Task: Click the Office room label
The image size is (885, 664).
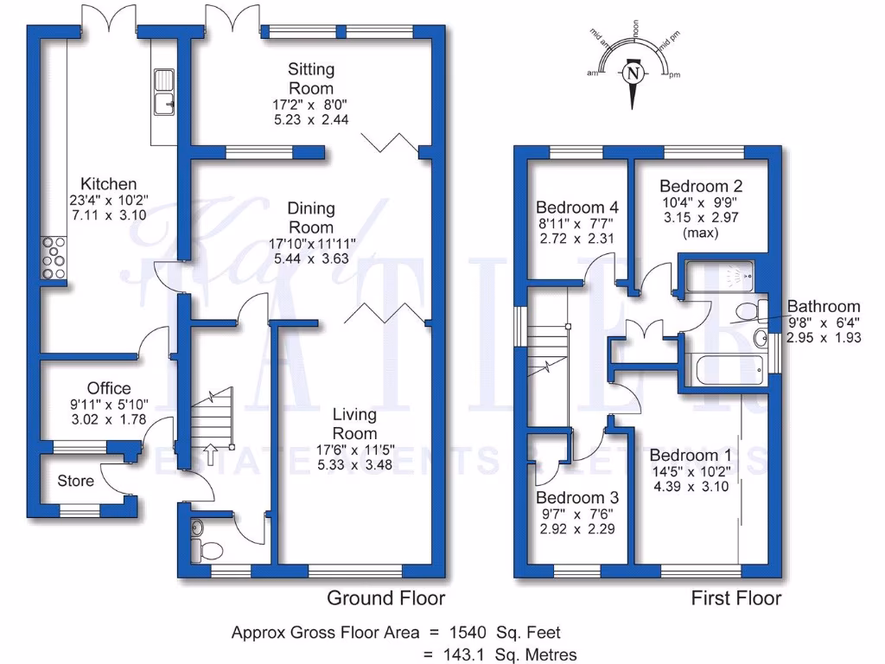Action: coord(109,388)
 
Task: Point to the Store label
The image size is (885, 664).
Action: coord(75,480)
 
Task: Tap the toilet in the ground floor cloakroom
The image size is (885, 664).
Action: coord(201,548)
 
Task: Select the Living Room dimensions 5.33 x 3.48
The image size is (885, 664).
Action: coord(354,464)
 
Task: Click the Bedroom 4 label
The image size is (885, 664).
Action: coord(577,207)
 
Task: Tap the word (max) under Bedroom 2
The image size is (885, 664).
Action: coord(701,233)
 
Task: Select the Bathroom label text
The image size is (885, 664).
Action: coord(824,306)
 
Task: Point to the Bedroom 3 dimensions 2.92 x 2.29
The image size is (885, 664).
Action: coord(577,528)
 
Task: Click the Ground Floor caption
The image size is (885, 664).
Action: coord(385,598)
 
